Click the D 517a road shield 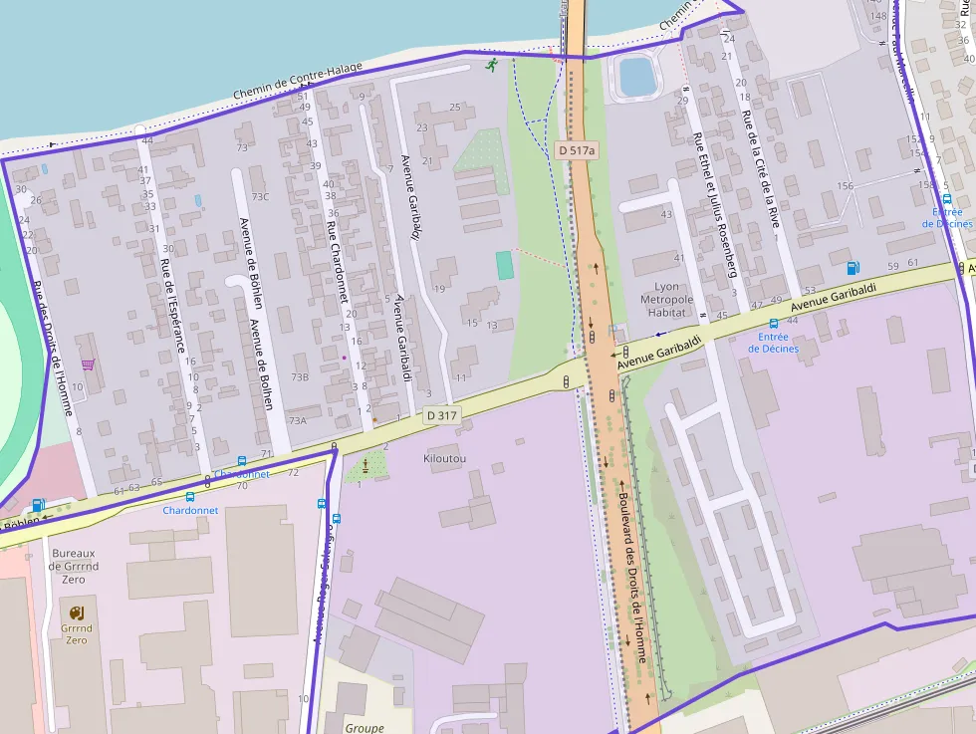576,150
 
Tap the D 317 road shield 443,414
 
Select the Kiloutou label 445,458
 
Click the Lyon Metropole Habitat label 666,299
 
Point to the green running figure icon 492,66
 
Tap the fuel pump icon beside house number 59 852,268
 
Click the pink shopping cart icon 88,365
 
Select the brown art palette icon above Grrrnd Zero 77,611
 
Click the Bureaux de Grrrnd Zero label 74,566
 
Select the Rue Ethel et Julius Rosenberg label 715,204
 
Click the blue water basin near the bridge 633,76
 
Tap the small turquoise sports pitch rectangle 505,265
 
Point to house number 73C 260,197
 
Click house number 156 846,186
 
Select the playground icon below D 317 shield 366,464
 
